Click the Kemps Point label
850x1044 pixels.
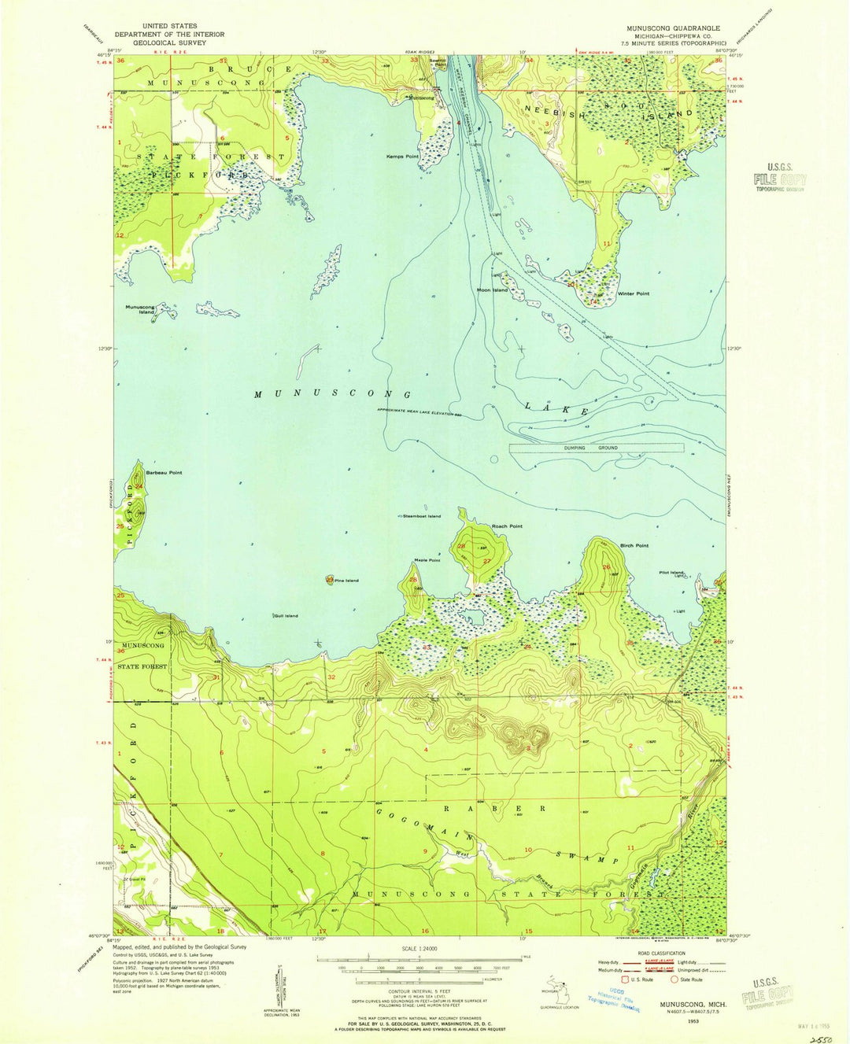click(401, 157)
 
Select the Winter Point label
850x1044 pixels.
click(634, 293)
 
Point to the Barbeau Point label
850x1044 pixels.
click(164, 473)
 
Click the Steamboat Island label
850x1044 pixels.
click(422, 516)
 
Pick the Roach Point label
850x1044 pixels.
click(507, 526)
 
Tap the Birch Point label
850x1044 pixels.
click(634, 545)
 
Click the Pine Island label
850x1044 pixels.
click(346, 581)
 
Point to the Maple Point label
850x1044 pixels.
click(427, 560)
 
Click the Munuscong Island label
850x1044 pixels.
click(140, 309)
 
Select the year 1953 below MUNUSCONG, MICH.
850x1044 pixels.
click(692, 1020)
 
